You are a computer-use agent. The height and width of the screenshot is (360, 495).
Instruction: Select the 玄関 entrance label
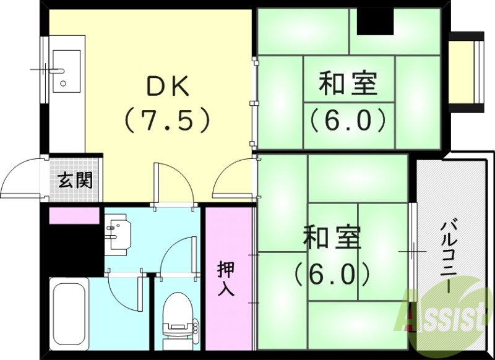75,180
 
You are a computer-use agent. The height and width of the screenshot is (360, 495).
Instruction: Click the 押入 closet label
226,280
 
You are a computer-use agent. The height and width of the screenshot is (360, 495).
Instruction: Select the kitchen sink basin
62,69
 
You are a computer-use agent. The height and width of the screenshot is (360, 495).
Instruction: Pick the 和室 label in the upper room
348,84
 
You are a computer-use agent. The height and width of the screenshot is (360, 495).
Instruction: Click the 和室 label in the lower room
332,238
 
